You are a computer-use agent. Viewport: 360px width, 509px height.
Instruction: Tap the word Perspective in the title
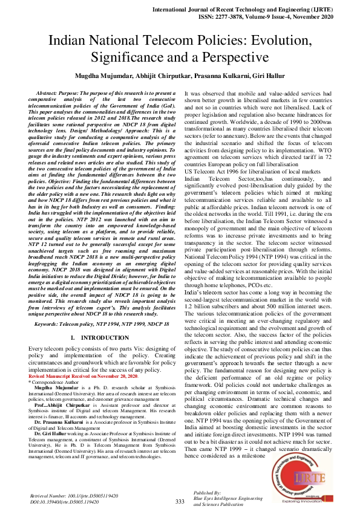(232, 57)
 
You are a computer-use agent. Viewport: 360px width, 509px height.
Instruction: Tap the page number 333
(180, 501)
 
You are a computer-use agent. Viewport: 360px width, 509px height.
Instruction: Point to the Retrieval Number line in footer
(74, 495)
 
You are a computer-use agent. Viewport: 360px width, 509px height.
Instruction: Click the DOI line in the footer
(64, 502)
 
